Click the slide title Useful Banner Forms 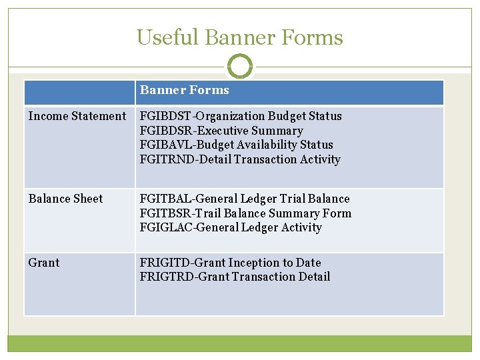pyautogui.click(x=239, y=37)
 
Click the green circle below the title pyautogui.click(x=240, y=67)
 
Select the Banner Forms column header pyautogui.click(x=184, y=91)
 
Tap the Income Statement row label pyautogui.click(x=77, y=116)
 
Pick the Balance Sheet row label pyautogui.click(x=65, y=199)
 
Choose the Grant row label pyautogui.click(x=44, y=263)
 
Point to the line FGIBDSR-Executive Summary pyautogui.click(x=221, y=131)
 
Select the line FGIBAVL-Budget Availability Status pyautogui.click(x=236, y=145)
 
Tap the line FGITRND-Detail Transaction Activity pyautogui.click(x=240, y=159)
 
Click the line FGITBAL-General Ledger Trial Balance pyautogui.click(x=244, y=199)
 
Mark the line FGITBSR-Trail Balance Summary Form pyautogui.click(x=245, y=213)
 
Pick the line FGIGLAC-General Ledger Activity pyautogui.click(x=231, y=227)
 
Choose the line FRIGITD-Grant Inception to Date pyautogui.click(x=230, y=263)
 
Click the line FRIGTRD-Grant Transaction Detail pyautogui.click(x=235, y=277)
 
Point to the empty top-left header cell pyautogui.click(x=79, y=92)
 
